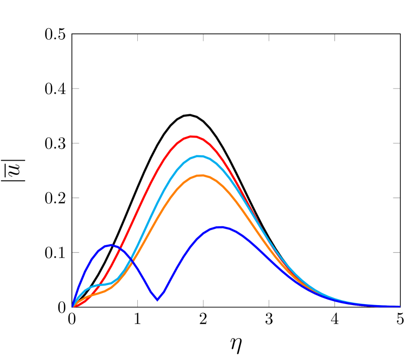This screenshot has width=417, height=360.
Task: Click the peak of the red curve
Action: [193, 136]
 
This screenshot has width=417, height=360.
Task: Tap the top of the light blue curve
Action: [200, 156]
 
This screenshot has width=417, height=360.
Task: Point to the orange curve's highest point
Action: [201, 175]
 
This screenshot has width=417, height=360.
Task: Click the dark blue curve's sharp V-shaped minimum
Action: [157, 300]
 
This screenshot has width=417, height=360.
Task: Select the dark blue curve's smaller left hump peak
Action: [111, 245]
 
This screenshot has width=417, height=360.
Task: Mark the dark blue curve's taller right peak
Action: [221, 227]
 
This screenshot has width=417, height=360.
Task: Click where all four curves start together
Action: [73, 306]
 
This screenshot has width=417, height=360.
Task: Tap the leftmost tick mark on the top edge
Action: [137, 38]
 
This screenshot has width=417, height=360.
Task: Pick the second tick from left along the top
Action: [203, 38]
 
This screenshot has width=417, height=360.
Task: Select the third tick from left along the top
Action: [269, 38]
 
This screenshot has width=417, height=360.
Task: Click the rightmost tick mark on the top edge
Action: [335, 38]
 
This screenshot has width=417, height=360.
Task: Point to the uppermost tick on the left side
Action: [76, 89]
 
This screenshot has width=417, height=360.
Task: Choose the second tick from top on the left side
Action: [76, 143]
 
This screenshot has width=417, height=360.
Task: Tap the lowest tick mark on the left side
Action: [76, 252]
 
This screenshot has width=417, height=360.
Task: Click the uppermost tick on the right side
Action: [396, 89]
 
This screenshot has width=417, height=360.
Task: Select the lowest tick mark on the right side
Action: [396, 252]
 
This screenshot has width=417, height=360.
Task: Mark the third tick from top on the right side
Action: [396, 198]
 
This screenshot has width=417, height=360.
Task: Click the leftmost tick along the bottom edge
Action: [137, 303]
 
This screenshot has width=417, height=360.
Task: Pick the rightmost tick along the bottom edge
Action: [335, 303]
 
